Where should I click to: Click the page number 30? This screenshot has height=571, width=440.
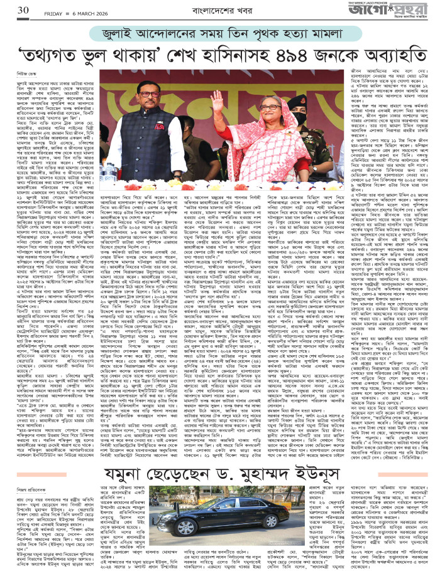(23, 10)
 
